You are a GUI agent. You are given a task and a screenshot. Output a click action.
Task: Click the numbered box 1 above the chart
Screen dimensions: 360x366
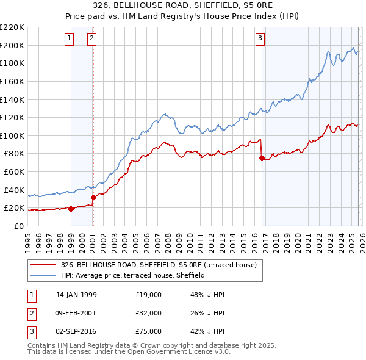point(69,38)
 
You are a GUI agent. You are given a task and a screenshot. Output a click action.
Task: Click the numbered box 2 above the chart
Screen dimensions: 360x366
point(91,38)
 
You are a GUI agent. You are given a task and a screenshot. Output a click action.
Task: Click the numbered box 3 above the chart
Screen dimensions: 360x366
point(260,38)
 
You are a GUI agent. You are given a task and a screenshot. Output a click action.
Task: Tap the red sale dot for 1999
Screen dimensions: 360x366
point(71,209)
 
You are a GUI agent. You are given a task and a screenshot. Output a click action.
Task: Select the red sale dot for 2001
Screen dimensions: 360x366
point(93,197)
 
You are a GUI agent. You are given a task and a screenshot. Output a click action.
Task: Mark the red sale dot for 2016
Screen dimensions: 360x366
point(262,158)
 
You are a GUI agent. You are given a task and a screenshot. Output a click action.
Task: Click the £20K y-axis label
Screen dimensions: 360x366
point(14,208)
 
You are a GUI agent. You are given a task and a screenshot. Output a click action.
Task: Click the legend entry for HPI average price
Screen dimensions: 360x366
point(132,275)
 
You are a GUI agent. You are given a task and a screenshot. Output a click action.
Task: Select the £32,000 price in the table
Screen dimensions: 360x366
point(149,312)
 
